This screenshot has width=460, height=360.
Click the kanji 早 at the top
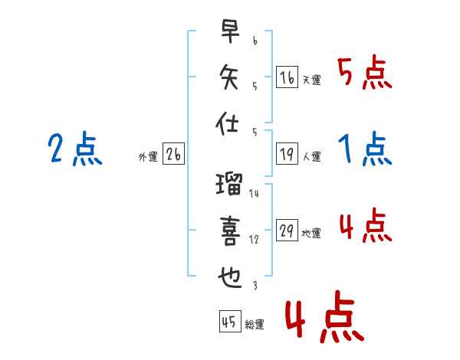click(x=230, y=31)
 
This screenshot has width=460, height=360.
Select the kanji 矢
click(x=228, y=77)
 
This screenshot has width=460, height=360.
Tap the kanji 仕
click(x=227, y=123)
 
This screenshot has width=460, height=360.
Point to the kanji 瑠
click(x=229, y=184)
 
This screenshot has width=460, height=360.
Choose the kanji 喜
click(x=230, y=231)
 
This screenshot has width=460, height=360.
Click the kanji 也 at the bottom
click(x=230, y=277)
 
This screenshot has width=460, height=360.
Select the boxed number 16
click(x=287, y=77)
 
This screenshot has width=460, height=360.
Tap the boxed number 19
click(x=287, y=154)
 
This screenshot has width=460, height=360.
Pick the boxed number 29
click(x=287, y=230)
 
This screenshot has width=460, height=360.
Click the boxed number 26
click(x=173, y=154)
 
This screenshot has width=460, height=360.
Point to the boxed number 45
click(x=230, y=321)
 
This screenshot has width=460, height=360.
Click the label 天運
click(x=312, y=80)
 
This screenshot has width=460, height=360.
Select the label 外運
click(x=148, y=156)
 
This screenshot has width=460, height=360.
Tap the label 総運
click(x=255, y=324)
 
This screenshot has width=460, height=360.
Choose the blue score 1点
click(x=365, y=149)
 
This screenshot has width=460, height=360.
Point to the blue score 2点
click(x=75, y=149)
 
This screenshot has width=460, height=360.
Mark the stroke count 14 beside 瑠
click(x=254, y=194)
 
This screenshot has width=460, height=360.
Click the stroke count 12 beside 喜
click(x=254, y=240)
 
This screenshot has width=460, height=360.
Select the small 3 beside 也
click(x=255, y=286)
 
